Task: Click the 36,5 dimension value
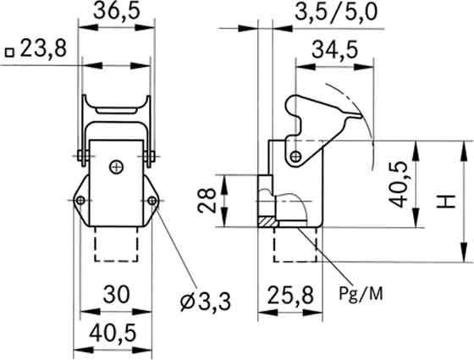118,14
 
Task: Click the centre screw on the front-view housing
116,167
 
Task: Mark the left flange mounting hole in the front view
80,201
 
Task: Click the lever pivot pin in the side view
294,158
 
